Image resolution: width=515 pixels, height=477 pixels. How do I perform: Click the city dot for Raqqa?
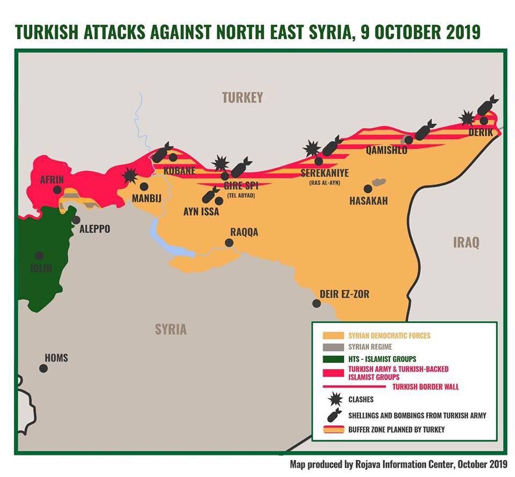(x=229, y=243)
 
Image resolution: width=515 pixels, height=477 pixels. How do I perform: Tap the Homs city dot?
(x=43, y=368)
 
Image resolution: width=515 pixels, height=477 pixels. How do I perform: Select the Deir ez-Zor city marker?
(x=317, y=303)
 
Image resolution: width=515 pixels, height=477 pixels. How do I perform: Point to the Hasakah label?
(x=368, y=201)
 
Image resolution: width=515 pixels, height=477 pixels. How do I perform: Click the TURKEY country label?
(x=242, y=97)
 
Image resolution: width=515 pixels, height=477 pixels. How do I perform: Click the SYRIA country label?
(x=171, y=329)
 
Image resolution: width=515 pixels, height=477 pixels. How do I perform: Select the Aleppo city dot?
(x=76, y=220)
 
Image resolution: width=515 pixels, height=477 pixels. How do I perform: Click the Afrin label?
(x=52, y=180)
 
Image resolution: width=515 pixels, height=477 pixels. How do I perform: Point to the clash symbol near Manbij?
(x=129, y=175)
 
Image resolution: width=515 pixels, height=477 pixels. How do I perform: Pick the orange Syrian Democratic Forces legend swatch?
(x=333, y=335)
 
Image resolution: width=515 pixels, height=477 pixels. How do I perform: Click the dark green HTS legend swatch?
(x=333, y=358)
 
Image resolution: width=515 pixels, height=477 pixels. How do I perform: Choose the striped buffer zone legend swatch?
(x=333, y=429)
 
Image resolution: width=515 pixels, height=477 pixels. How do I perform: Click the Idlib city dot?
(x=39, y=256)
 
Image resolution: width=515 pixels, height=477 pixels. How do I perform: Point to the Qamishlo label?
(x=386, y=150)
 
